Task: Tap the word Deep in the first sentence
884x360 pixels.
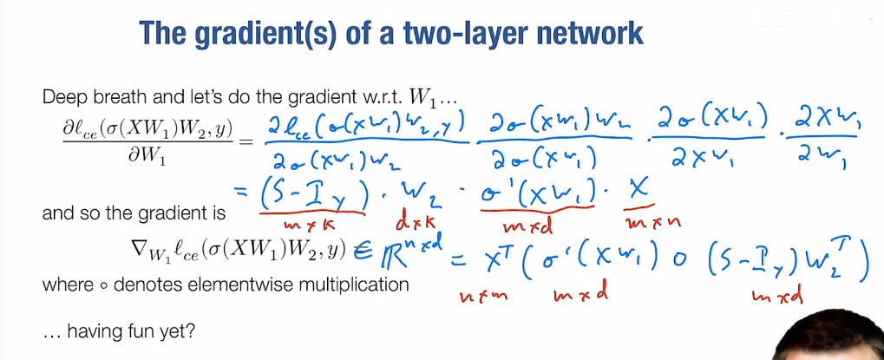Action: click(x=60, y=97)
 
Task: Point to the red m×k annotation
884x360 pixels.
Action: click(x=310, y=224)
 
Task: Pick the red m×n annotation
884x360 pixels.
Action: click(x=652, y=222)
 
